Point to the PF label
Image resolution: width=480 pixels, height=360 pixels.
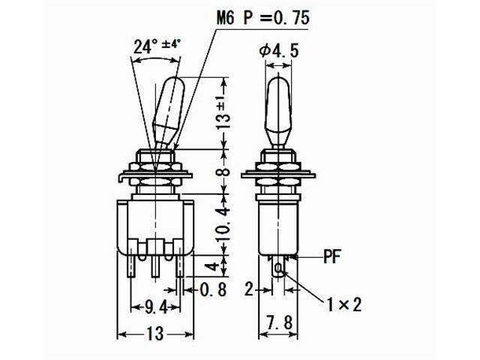[333, 256]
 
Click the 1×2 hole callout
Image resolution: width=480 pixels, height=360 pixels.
[343, 304]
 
